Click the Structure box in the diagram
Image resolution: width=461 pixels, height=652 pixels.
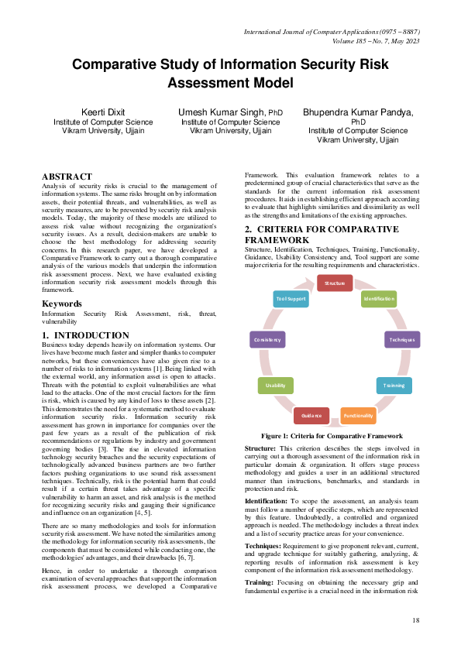[x=335, y=283]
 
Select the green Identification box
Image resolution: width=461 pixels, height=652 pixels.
[x=379, y=298]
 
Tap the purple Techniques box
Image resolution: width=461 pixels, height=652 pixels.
[x=402, y=339]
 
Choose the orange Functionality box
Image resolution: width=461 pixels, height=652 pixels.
[x=358, y=415]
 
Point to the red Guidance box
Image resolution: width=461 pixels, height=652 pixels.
[x=312, y=416]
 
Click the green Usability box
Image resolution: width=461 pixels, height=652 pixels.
[x=275, y=385]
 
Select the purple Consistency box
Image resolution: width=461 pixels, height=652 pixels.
[x=267, y=339]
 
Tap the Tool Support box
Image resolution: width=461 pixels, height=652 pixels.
[x=291, y=298]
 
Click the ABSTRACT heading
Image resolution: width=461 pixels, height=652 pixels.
[x=67, y=177]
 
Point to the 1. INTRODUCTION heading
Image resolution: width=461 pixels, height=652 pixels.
[x=85, y=335]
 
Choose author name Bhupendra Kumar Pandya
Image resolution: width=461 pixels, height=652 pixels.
[x=358, y=112]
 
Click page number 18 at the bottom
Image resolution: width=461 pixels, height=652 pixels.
[x=415, y=620]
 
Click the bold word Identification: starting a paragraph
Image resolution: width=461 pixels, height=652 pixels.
[x=269, y=502]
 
